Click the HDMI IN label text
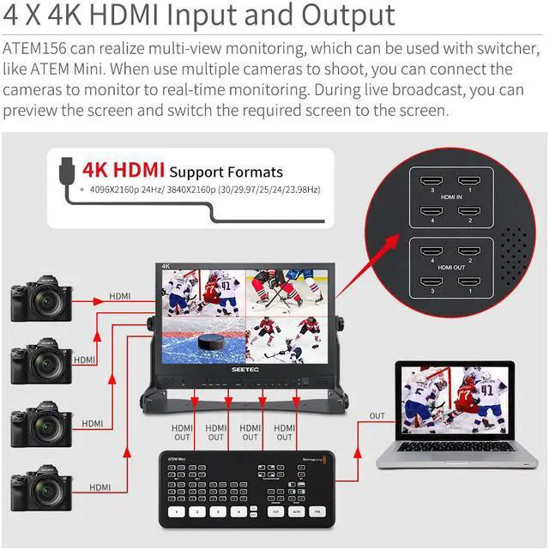point(448,197)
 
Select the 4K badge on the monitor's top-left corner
point(167,267)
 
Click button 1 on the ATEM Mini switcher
point(178,511)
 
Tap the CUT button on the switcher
point(275,511)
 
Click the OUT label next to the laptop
point(377,416)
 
